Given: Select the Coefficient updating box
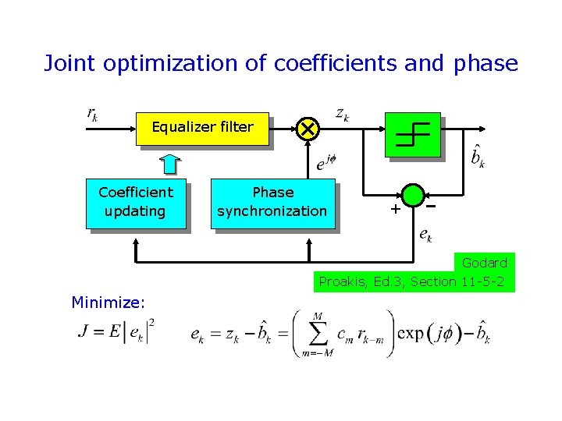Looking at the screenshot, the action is coord(136,202).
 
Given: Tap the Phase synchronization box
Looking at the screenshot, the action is coord(272,202).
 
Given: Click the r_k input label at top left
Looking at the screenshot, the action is coord(91,114).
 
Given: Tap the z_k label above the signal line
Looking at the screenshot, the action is coord(342,114).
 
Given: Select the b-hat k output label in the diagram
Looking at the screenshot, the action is coord(478,157).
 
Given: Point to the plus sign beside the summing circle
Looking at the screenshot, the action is coord(395,209).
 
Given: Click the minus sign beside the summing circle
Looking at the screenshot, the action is coord(431,206).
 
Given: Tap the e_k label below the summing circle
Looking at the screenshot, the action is coord(426,233).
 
